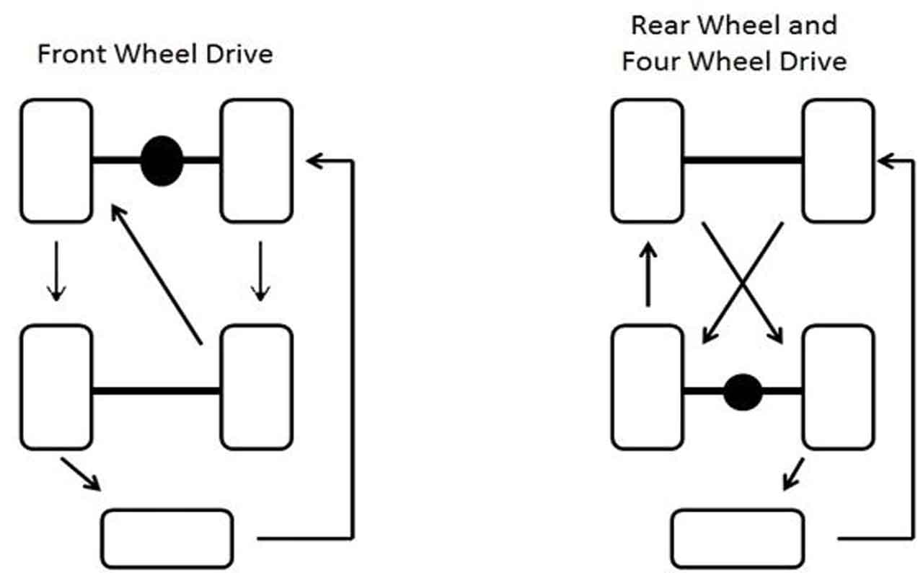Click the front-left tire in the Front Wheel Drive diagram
[x=56, y=160]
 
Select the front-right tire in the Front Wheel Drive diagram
[x=257, y=160]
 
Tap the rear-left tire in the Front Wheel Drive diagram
[x=56, y=387]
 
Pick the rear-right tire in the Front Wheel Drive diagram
[x=257, y=387]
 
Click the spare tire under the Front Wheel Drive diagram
[x=167, y=538]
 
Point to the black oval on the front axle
[x=162, y=160]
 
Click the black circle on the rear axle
[x=743, y=392]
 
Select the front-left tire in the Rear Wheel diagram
[x=648, y=160]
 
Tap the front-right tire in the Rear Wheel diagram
[x=839, y=160]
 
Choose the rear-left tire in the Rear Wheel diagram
[x=648, y=387]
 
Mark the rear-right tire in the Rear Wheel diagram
[x=839, y=387]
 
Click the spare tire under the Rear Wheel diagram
[x=738, y=538]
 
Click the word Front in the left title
[x=69, y=54]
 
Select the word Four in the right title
[x=650, y=61]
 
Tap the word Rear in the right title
[x=658, y=25]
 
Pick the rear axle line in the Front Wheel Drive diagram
[x=156, y=391]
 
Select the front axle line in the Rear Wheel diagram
[x=743, y=160]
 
